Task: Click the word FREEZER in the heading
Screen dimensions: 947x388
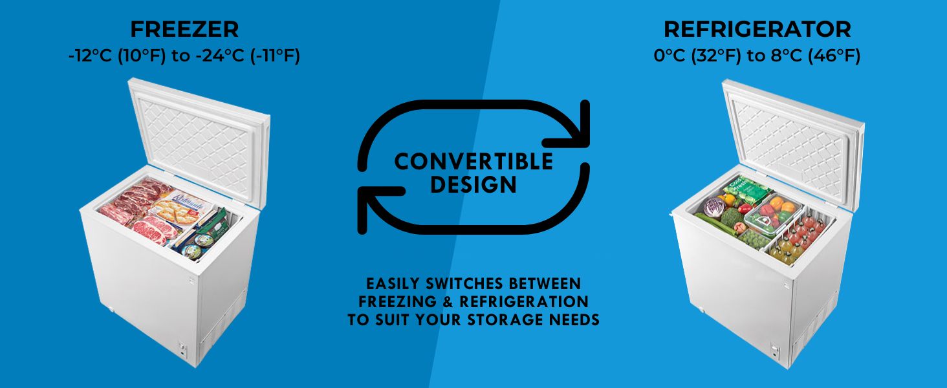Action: tap(184, 29)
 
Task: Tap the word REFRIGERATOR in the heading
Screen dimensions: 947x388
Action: tap(757, 29)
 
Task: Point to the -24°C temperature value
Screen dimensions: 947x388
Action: tap(220, 56)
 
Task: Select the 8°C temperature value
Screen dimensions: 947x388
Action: tap(786, 56)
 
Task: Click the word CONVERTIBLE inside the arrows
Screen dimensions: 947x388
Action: tap(473, 162)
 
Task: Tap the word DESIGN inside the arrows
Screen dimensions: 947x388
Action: tap(473, 185)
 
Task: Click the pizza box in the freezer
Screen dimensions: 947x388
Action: tap(180, 210)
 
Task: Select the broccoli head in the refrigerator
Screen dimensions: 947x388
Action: tap(732, 218)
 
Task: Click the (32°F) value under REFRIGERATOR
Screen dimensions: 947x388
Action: tap(716, 56)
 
